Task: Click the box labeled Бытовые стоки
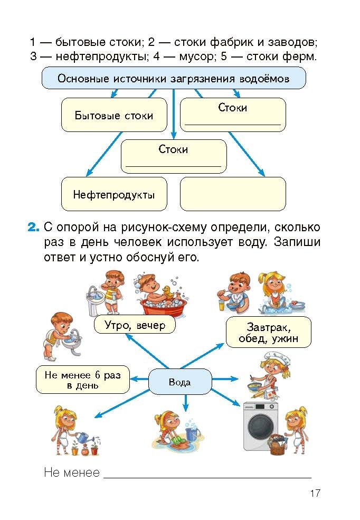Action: point(114,115)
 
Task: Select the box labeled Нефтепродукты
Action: point(114,194)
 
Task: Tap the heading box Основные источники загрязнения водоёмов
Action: point(173,79)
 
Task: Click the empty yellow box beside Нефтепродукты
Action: point(233,194)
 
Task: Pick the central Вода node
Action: point(179,382)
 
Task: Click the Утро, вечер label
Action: point(135,325)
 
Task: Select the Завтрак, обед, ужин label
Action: point(268,332)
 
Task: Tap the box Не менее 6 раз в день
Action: point(83,380)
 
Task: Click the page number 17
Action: point(315,494)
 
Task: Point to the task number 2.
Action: point(33,228)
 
